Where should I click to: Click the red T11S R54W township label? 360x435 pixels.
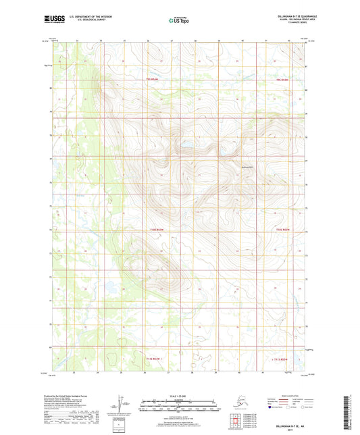coord(154,359)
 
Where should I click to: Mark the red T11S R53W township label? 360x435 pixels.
coord(282,359)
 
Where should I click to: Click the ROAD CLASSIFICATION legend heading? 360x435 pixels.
coord(284,395)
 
